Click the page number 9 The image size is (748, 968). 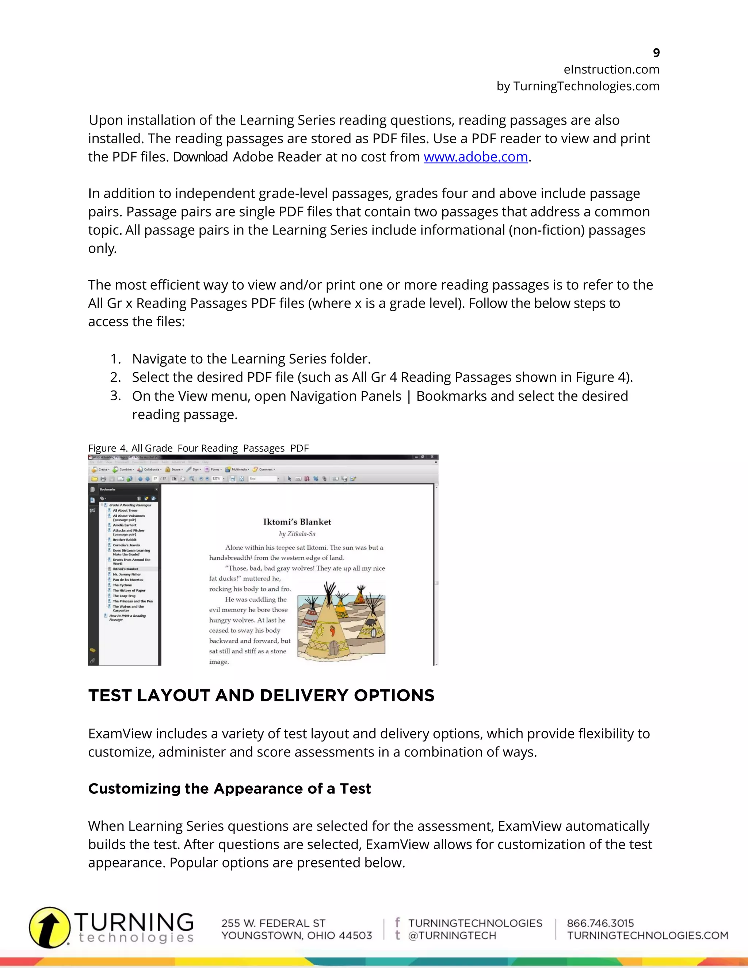pyautogui.click(x=656, y=53)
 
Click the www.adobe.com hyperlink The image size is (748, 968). pyautogui.click(x=476, y=157)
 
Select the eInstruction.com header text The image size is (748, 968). pyautogui.click(x=611, y=69)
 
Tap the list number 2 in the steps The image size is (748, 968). pyautogui.click(x=115, y=377)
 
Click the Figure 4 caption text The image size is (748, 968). pyautogui.click(x=198, y=448)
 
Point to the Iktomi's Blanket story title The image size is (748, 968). pyautogui.click(x=297, y=522)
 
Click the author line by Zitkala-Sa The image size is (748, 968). pyautogui.click(x=297, y=534)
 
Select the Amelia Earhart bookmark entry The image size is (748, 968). pyautogui.click(x=124, y=525)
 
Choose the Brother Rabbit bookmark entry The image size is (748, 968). pyautogui.click(x=124, y=540)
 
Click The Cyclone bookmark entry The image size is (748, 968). pyautogui.click(x=122, y=585)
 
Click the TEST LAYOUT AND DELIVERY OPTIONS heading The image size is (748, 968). pyautogui.click(x=261, y=695)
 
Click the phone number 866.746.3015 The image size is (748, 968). pyautogui.click(x=600, y=923)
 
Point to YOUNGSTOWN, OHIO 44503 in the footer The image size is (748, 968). pyautogui.click(x=297, y=935)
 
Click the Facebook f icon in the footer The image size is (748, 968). pyautogui.click(x=397, y=922)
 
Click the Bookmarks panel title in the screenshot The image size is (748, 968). pyautogui.click(x=107, y=489)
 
